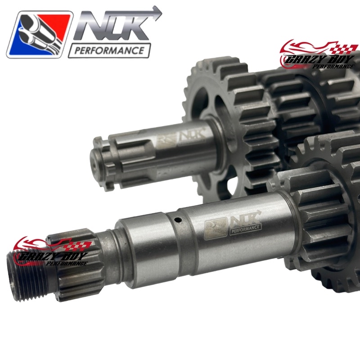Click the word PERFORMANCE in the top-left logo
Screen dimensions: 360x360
click(109, 50)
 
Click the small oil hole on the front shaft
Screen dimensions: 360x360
click(179, 220)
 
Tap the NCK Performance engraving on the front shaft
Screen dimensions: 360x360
click(233, 223)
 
